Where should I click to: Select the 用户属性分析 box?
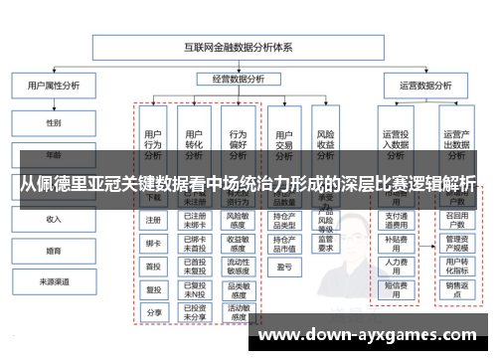tap(52, 88)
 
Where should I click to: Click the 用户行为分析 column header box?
tap(153, 144)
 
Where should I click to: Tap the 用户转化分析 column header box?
tap(195, 144)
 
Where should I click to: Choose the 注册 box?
tap(153, 221)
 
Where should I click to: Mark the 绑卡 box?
tap(153, 244)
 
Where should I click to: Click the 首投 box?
tap(153, 267)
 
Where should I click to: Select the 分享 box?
tap(153, 312)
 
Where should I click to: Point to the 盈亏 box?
tap(283, 267)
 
